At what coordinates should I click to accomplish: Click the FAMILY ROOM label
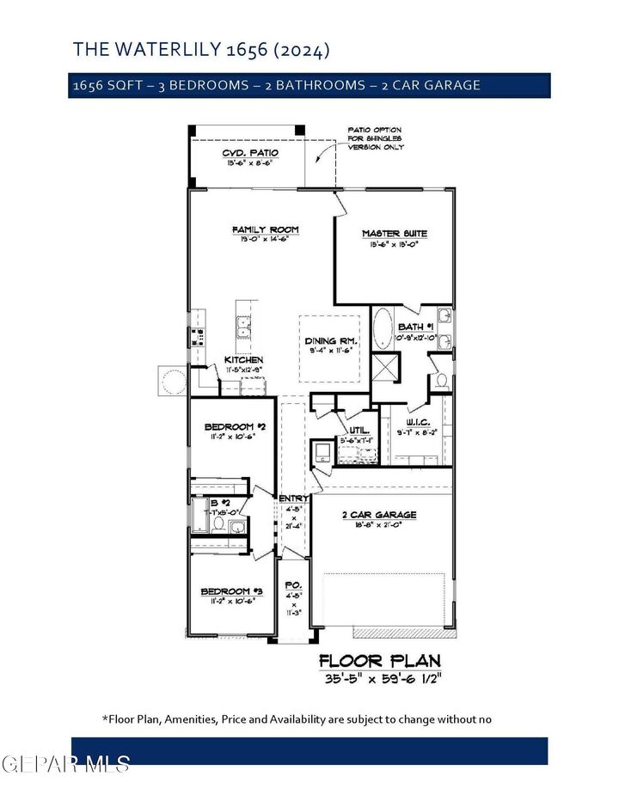click(x=265, y=229)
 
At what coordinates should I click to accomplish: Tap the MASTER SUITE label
click(x=394, y=233)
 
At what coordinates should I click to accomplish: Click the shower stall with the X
click(x=383, y=367)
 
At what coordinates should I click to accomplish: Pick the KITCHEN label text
click(x=243, y=359)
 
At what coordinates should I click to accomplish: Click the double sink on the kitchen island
click(x=243, y=330)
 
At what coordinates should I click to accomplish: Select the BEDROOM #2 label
click(x=229, y=427)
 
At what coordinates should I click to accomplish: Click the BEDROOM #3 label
click(x=231, y=591)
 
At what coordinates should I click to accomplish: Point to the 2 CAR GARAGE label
click(x=378, y=515)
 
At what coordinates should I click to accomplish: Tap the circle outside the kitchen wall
click(x=171, y=379)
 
